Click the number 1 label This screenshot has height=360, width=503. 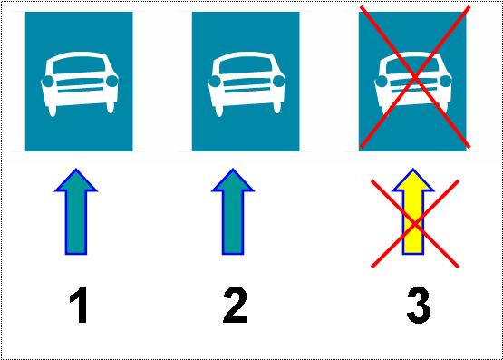(x=79, y=305)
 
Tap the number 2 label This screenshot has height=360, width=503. (x=235, y=305)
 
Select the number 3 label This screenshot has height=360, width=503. (x=419, y=305)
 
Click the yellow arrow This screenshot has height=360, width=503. (x=413, y=211)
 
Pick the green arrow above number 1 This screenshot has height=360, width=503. (x=76, y=211)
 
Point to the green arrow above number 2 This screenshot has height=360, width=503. (x=233, y=211)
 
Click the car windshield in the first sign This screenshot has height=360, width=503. (x=79, y=66)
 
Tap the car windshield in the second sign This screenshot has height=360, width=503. (x=246, y=66)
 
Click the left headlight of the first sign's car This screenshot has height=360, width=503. (x=48, y=82)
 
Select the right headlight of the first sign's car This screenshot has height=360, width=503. (x=112, y=82)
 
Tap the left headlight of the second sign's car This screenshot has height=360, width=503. (x=215, y=82)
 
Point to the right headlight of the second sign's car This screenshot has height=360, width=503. (x=279, y=82)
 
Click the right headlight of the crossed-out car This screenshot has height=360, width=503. (x=446, y=82)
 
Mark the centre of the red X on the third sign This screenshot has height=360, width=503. (x=415, y=77)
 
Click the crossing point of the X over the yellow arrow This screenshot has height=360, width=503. (x=415, y=224)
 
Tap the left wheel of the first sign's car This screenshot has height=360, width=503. (x=52, y=110)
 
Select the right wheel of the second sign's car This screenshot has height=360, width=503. (x=276, y=108)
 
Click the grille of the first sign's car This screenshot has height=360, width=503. (x=80, y=85)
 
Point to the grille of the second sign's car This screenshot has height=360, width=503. (x=247, y=85)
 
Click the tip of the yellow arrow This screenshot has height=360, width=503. (x=413, y=169)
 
